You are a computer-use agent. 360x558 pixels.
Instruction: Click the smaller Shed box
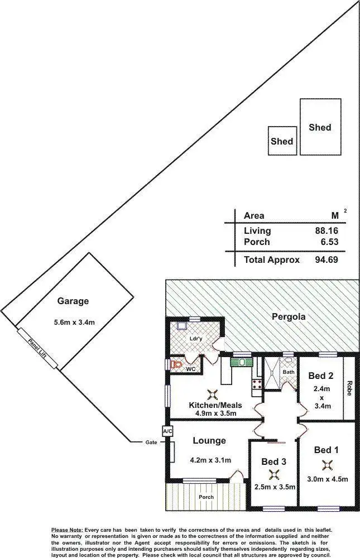click(282, 141)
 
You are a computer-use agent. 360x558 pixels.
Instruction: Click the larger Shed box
click(320, 127)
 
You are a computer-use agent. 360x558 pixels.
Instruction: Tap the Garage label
click(73, 301)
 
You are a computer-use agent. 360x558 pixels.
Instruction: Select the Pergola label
click(287, 318)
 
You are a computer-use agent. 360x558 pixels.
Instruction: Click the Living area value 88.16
click(327, 230)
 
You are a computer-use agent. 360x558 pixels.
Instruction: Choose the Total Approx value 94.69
click(327, 259)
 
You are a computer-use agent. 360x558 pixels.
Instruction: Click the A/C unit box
click(166, 431)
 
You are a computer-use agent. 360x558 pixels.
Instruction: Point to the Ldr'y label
click(195, 339)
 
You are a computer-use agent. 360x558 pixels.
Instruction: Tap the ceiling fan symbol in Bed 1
click(327, 464)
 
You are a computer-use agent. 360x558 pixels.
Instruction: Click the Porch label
click(207, 497)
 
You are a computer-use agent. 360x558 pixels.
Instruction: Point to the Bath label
click(289, 372)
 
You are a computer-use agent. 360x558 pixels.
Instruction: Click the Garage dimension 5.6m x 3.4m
click(73, 323)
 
